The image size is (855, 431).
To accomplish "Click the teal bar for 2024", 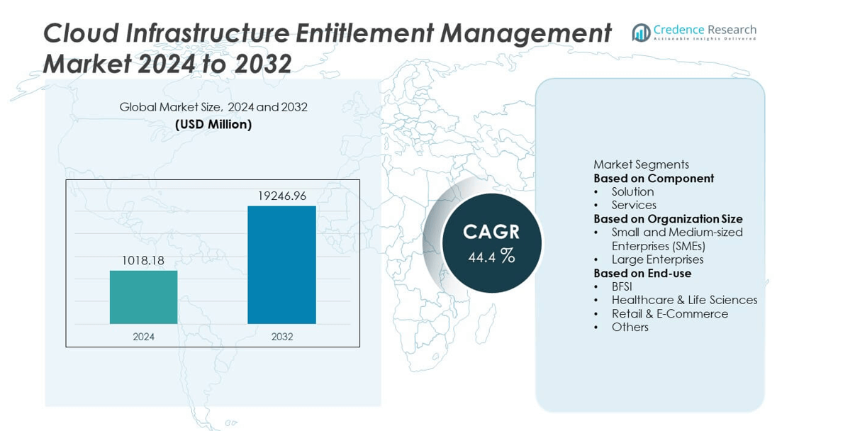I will tap(143, 297).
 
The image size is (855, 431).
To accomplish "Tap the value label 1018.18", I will tap(142, 261).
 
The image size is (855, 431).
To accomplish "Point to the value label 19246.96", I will tap(281, 196).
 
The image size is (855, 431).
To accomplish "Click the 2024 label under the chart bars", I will tap(143, 337).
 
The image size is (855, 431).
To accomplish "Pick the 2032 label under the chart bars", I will tap(281, 337).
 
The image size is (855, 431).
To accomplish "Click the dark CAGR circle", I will tap(491, 243).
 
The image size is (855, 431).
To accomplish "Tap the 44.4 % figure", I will tap(491, 256).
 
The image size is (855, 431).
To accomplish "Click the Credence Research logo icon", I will tap(641, 32).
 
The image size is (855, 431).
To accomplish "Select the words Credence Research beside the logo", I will tap(705, 30).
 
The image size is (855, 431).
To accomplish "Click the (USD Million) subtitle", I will tap(213, 124).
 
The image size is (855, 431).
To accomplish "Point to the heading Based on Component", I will tap(653, 178).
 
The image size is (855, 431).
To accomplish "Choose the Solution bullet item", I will tap(632, 191).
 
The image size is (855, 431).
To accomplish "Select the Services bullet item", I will tap(634, 205).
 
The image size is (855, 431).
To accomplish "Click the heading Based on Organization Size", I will tap(668, 218).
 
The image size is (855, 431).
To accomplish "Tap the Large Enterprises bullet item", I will tap(657, 259).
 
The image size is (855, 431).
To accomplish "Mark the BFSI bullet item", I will tap(622, 286).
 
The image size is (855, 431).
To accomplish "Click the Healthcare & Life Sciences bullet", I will tap(684, 300).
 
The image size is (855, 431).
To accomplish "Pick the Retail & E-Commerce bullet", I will tap(669, 313).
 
